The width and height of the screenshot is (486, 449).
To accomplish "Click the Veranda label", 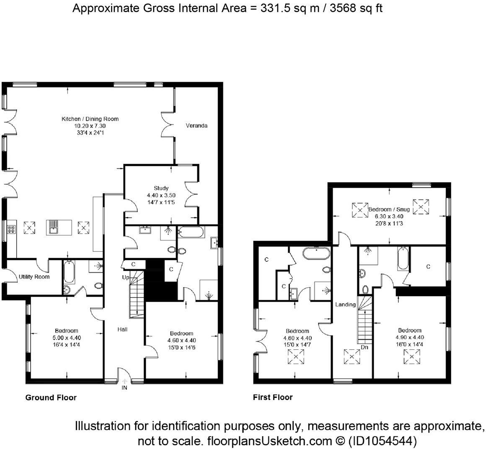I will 196,126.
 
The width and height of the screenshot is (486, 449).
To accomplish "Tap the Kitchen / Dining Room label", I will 90,119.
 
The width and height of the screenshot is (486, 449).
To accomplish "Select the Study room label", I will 161,188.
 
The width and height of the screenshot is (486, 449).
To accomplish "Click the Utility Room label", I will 34,277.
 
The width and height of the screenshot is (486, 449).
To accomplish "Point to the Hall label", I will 122,330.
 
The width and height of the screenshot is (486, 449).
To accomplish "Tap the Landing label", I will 345,304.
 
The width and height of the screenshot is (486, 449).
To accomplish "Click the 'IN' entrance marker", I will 124,387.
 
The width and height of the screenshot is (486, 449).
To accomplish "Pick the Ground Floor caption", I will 51,397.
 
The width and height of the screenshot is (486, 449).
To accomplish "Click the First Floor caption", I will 273,397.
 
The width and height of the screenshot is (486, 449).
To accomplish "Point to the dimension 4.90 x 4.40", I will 410,338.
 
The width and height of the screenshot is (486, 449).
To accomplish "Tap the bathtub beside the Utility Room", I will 70,272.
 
